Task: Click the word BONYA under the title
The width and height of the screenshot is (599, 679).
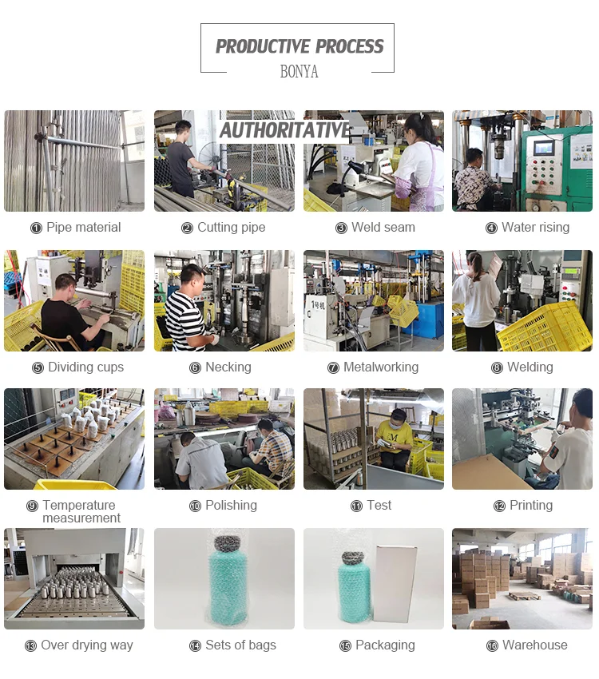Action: (x=299, y=71)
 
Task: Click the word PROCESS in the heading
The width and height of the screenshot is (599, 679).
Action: (x=349, y=46)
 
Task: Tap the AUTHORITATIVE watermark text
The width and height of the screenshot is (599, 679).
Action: (x=285, y=130)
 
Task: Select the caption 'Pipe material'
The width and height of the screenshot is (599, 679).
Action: (x=84, y=228)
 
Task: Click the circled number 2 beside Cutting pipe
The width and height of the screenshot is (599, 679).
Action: (x=187, y=228)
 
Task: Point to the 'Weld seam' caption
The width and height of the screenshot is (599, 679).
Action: (x=383, y=228)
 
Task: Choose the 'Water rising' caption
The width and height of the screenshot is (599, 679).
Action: (x=535, y=228)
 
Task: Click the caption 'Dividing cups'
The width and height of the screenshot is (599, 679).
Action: (x=85, y=367)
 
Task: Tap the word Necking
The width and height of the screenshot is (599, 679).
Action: (x=228, y=367)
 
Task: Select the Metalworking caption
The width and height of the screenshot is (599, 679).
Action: (x=381, y=367)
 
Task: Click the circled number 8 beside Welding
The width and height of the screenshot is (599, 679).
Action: (x=497, y=367)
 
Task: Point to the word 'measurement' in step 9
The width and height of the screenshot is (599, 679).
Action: (x=81, y=518)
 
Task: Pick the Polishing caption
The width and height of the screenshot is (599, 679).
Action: (x=231, y=506)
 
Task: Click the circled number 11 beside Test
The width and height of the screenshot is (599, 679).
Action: (x=356, y=506)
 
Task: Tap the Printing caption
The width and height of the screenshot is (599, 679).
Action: (x=531, y=506)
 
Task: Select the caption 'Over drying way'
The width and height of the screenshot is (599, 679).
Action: (x=87, y=645)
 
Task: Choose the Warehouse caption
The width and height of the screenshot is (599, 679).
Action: (x=535, y=645)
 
